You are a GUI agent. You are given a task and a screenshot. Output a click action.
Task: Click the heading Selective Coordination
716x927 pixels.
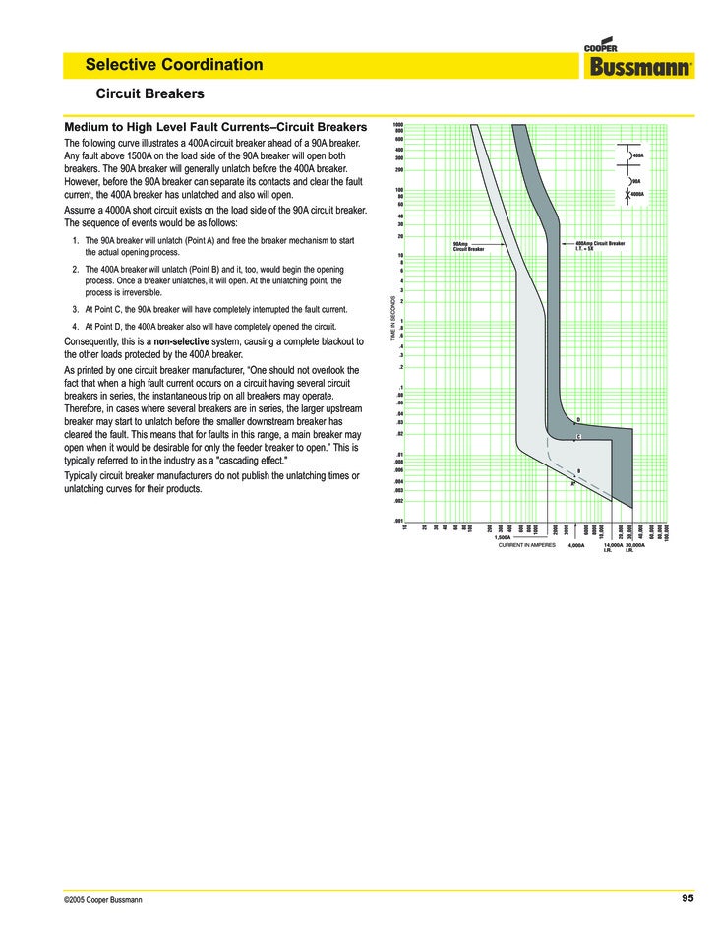[x=174, y=65]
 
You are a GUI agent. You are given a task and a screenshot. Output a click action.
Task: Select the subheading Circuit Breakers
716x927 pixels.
[x=149, y=94]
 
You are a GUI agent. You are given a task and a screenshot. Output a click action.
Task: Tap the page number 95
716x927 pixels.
[x=687, y=897]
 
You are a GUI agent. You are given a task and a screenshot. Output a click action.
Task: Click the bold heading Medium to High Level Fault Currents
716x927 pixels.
[x=215, y=127]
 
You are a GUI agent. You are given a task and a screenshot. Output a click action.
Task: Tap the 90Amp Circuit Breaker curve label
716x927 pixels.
[x=468, y=246]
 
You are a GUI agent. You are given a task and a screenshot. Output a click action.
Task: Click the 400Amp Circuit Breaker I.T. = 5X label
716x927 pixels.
[x=599, y=245]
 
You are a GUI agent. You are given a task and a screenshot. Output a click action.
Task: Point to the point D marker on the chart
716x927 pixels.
[x=578, y=420]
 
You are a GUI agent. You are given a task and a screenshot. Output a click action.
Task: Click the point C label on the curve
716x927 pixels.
[x=578, y=436]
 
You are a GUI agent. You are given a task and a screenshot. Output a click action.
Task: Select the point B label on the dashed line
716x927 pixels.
[x=578, y=471]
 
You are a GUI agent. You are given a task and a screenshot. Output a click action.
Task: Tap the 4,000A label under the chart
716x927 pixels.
[x=576, y=544]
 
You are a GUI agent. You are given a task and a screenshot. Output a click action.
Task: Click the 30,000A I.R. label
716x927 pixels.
[x=634, y=547]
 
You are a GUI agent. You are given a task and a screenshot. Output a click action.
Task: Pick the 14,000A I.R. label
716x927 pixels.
[x=609, y=547]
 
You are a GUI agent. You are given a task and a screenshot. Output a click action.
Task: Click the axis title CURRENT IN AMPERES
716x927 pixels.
[x=527, y=544]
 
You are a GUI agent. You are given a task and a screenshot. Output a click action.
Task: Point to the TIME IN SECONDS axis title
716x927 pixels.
[x=393, y=319]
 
